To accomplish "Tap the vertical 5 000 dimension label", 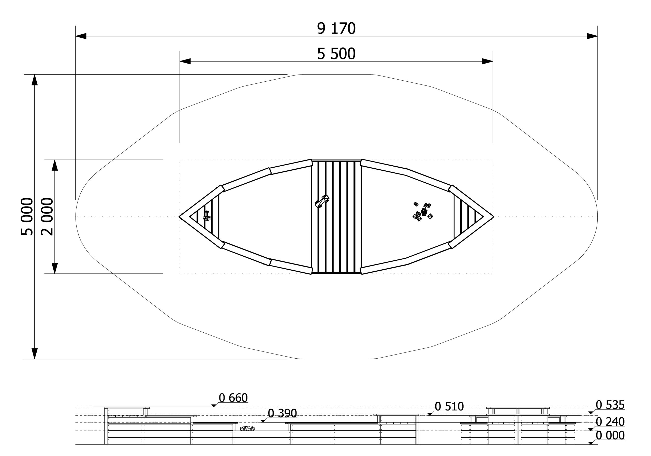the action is (x=27, y=217).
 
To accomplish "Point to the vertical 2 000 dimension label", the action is (x=47, y=217).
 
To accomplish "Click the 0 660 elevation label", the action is (x=233, y=398).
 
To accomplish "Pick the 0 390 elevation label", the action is (x=283, y=413).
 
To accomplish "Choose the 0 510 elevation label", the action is (x=449, y=407).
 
